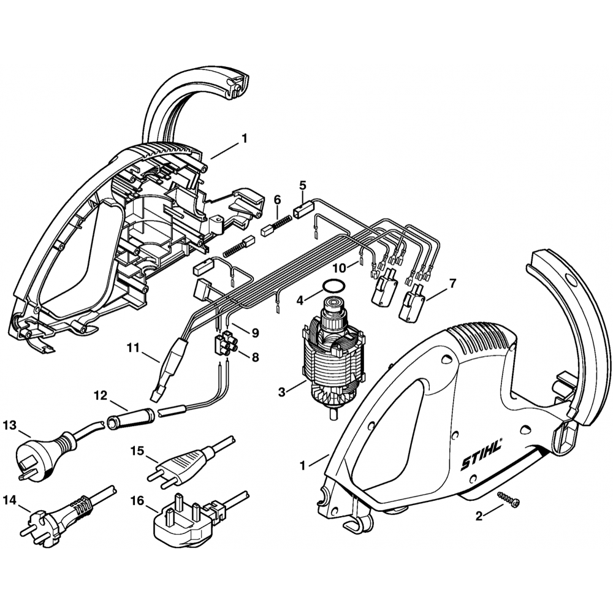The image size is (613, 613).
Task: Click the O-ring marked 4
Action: point(333,286)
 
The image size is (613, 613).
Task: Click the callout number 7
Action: point(452,283)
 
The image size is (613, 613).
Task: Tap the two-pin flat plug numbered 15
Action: point(184,463)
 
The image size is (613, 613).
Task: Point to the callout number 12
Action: point(101,396)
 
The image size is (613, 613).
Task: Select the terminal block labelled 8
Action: point(225,342)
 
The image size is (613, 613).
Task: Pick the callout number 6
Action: point(277,199)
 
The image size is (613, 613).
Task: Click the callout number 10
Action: point(340,267)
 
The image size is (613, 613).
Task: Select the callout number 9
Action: point(254,333)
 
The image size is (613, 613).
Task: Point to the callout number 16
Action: point(136,501)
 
